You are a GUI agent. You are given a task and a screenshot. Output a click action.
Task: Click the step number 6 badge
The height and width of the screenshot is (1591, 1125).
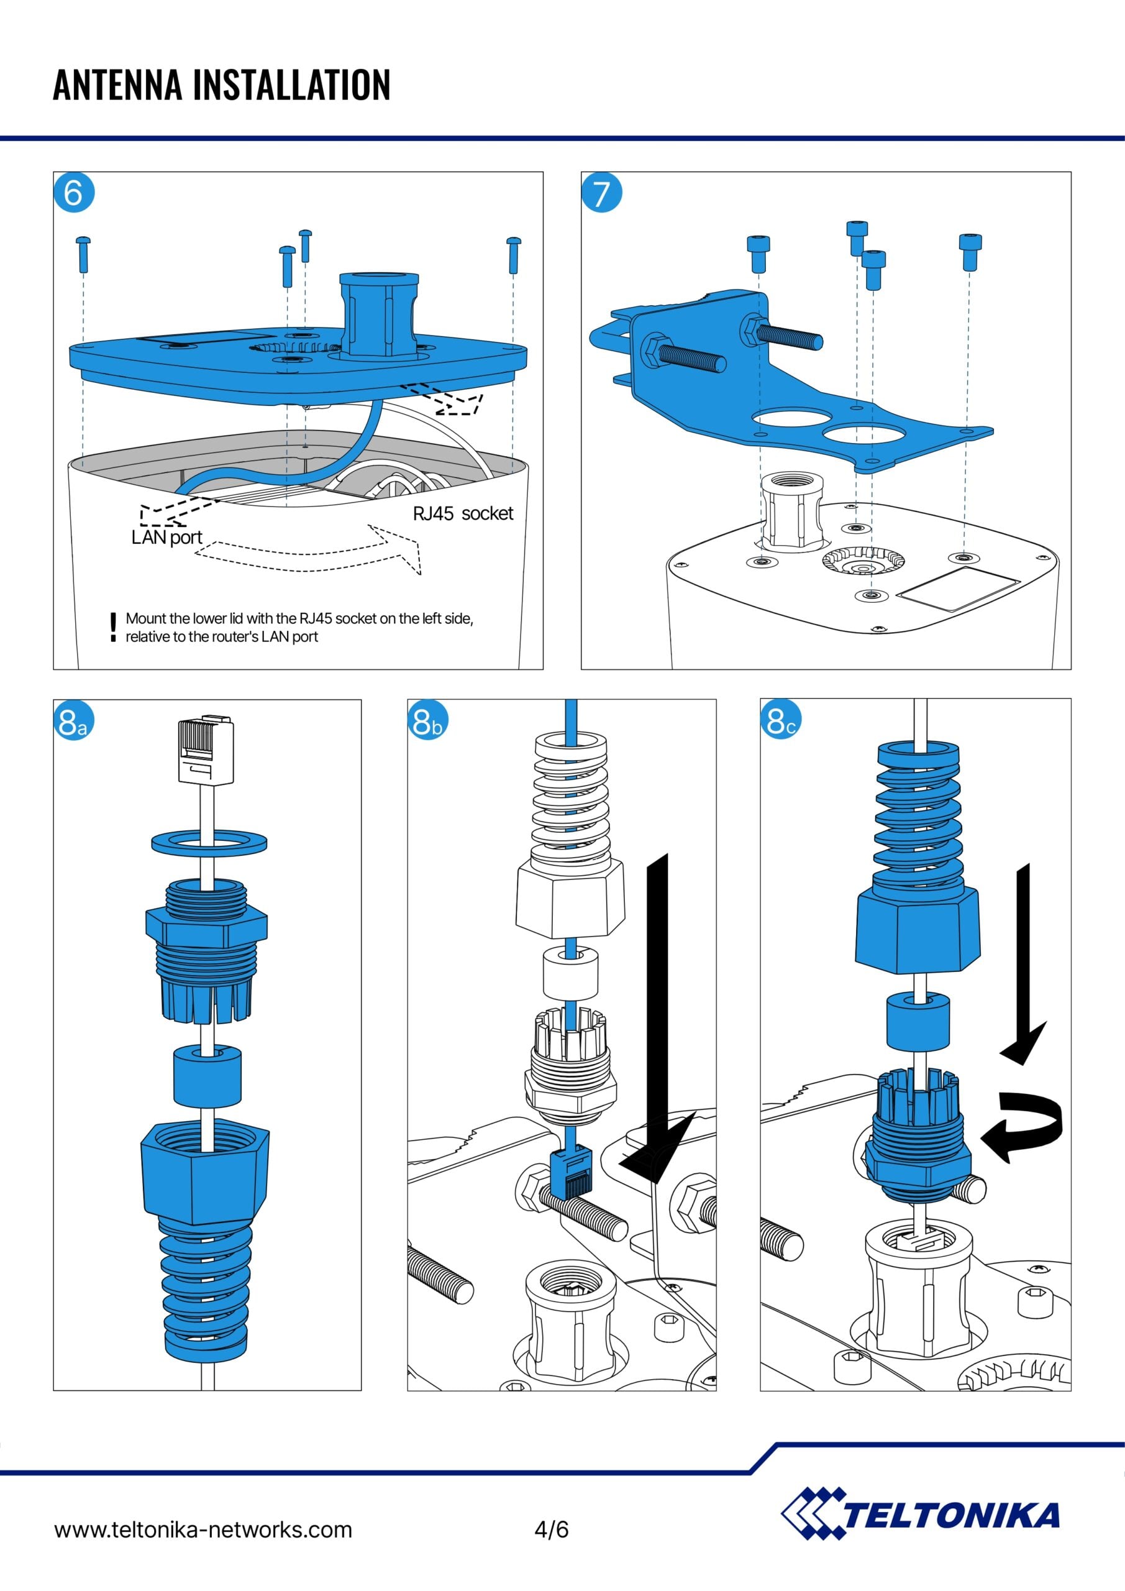point(73,193)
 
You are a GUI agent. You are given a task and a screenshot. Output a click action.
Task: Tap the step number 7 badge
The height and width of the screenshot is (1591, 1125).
point(601,193)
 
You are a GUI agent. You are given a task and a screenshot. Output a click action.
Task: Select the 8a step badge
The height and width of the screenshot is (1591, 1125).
point(73,722)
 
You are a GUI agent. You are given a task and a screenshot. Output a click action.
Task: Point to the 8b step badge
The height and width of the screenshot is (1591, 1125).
point(427,722)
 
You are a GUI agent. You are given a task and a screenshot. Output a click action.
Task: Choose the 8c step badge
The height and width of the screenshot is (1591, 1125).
point(781,721)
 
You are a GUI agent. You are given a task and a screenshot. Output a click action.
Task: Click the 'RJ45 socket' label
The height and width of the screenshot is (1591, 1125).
point(463,513)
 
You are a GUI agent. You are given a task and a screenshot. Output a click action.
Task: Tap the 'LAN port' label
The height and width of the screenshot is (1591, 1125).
point(166,537)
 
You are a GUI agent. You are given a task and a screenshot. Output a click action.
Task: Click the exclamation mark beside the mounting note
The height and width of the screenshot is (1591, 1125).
point(113,626)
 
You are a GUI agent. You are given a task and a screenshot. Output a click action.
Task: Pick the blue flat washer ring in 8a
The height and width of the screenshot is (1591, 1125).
point(209,843)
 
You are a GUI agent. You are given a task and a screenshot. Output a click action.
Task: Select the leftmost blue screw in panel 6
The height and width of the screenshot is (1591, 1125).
point(83,254)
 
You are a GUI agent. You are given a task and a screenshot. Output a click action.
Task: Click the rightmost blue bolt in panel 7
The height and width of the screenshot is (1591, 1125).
point(970,251)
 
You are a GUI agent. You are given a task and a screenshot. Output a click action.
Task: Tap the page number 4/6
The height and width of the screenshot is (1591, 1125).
point(552,1529)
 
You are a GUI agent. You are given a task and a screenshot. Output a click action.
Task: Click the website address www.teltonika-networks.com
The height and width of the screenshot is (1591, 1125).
point(203,1529)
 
